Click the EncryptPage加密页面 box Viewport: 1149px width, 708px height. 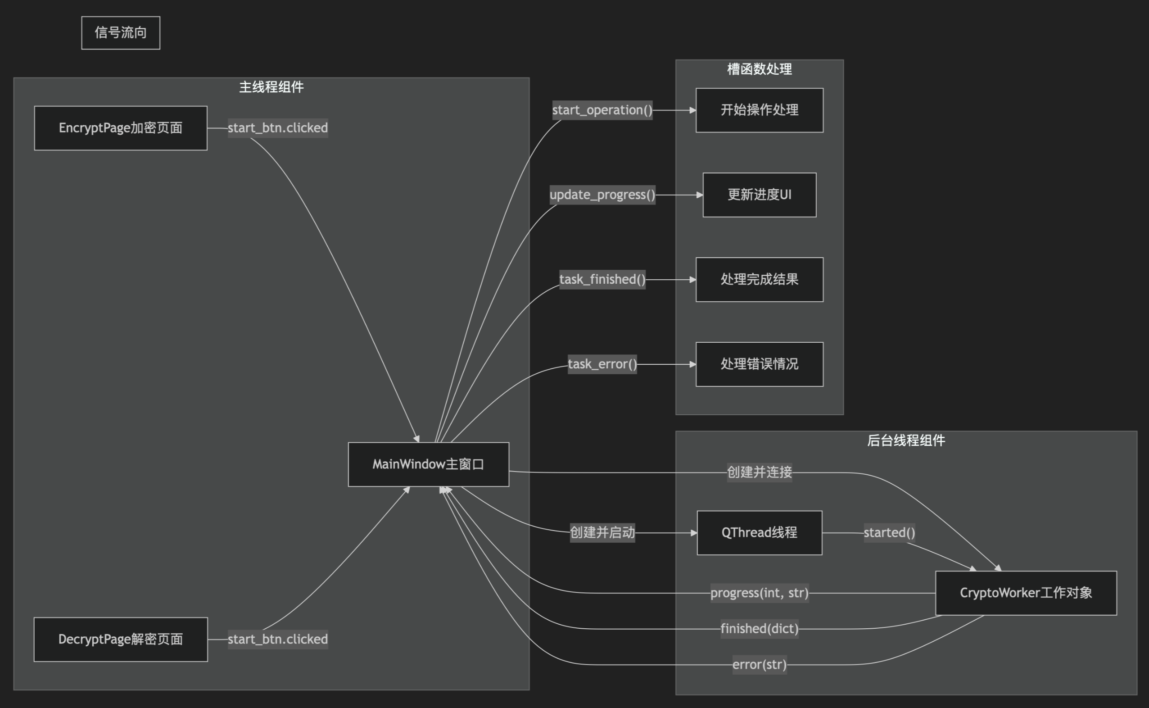tap(120, 128)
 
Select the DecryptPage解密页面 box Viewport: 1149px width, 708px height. tap(120, 639)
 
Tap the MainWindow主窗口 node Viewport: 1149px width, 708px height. tap(428, 464)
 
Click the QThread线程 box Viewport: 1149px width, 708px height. tap(759, 532)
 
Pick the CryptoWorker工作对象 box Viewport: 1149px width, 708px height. tap(1026, 593)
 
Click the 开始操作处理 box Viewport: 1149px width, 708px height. tap(759, 110)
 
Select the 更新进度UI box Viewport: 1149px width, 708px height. tap(759, 195)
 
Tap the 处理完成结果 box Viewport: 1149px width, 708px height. tap(759, 280)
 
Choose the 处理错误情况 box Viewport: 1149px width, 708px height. tap(759, 364)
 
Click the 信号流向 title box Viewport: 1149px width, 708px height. tap(121, 33)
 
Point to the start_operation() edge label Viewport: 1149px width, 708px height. tap(602, 110)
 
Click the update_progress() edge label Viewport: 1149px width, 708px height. tap(602, 195)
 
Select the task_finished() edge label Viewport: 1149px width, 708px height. tap(602, 280)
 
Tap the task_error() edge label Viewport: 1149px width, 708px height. tap(602, 364)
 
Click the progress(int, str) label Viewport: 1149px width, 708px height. tap(759, 593)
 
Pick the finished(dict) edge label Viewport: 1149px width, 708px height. tap(759, 628)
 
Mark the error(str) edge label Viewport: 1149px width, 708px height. tap(759, 664)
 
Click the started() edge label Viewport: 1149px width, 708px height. tap(889, 532)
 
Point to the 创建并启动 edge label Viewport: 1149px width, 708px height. tap(602, 532)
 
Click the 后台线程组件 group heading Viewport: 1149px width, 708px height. tap(905, 440)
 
